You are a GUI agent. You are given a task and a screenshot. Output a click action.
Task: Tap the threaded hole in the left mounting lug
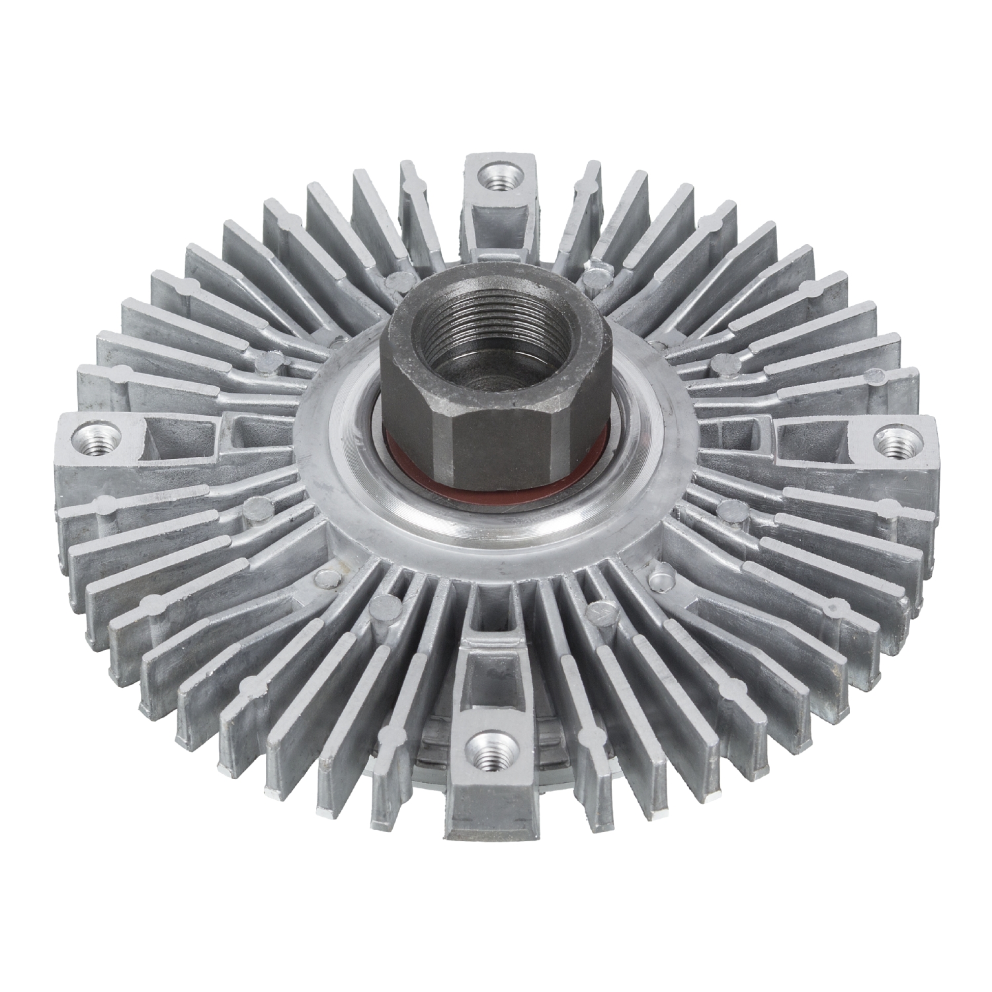point(95,438)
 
